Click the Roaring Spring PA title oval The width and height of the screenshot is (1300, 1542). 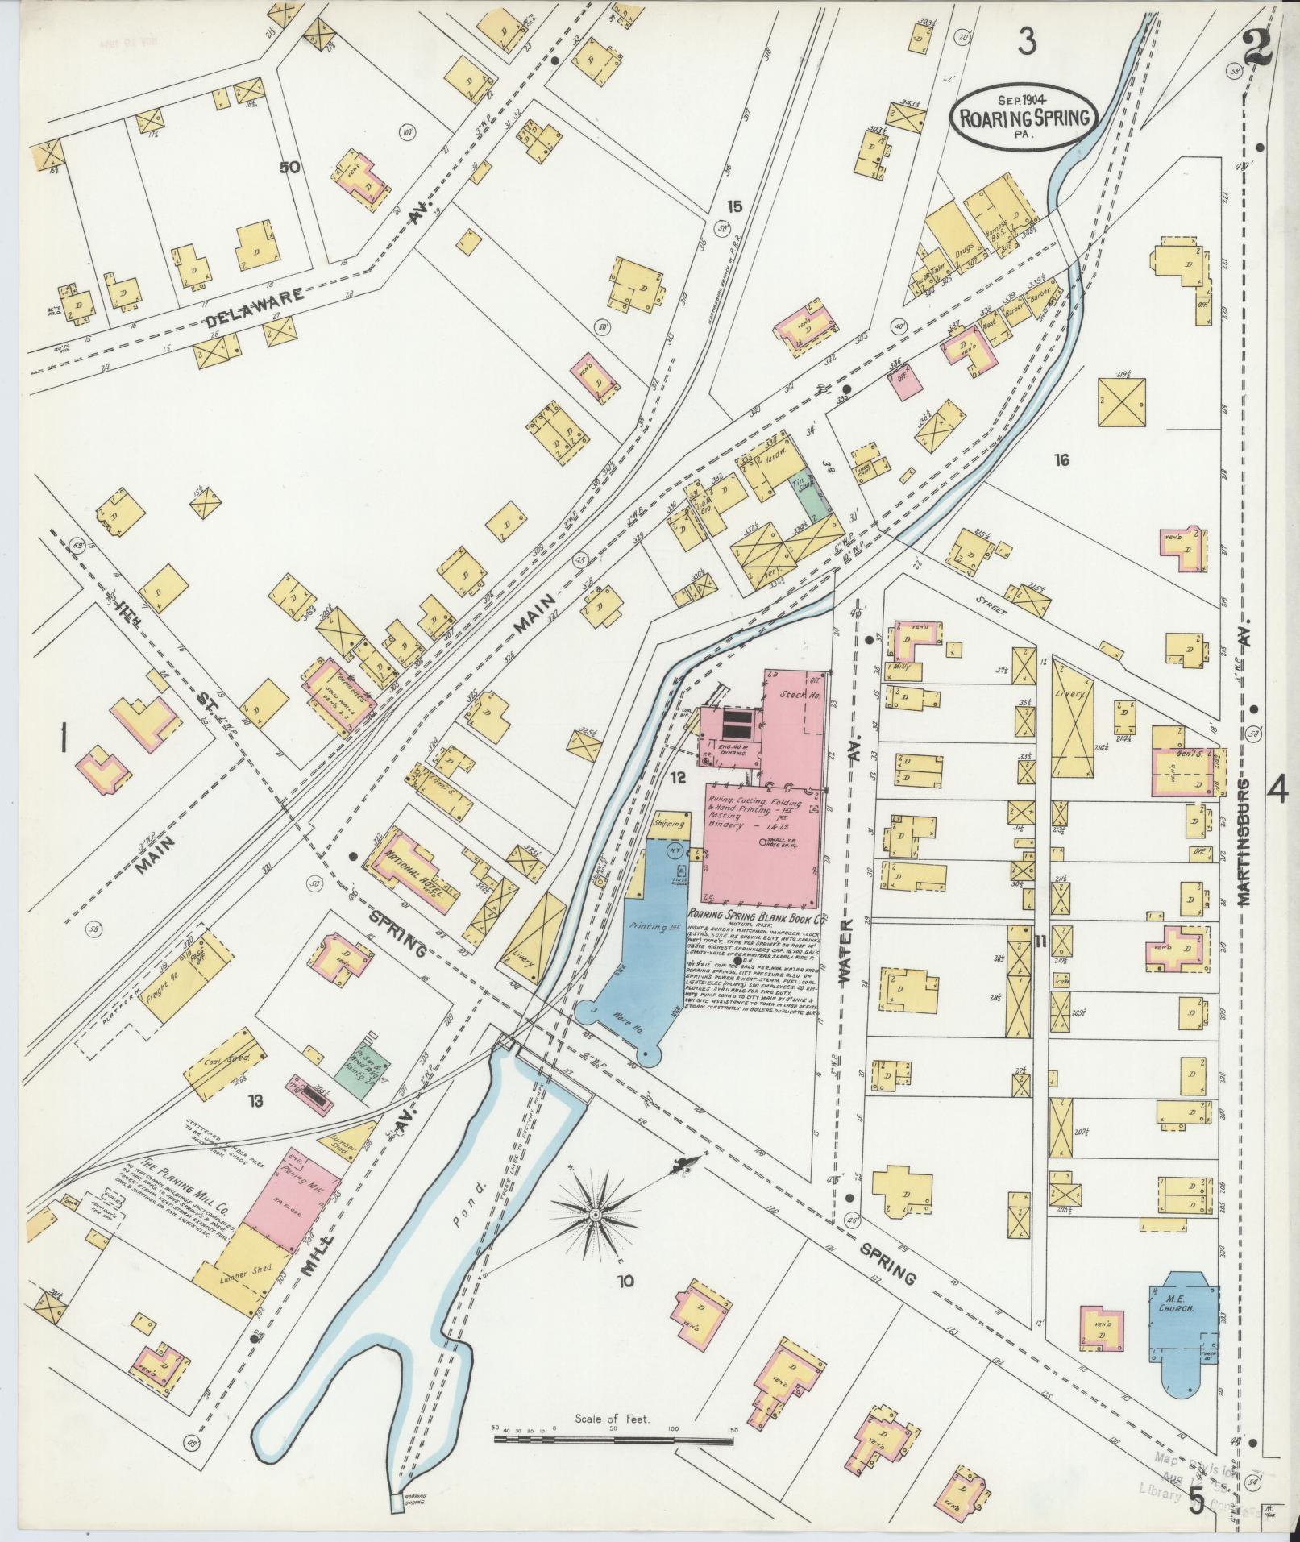[1024, 118]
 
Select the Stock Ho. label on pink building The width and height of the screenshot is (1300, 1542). [796, 693]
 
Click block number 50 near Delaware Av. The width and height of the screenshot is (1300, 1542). [289, 168]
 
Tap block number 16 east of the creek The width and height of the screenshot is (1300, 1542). [1061, 460]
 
